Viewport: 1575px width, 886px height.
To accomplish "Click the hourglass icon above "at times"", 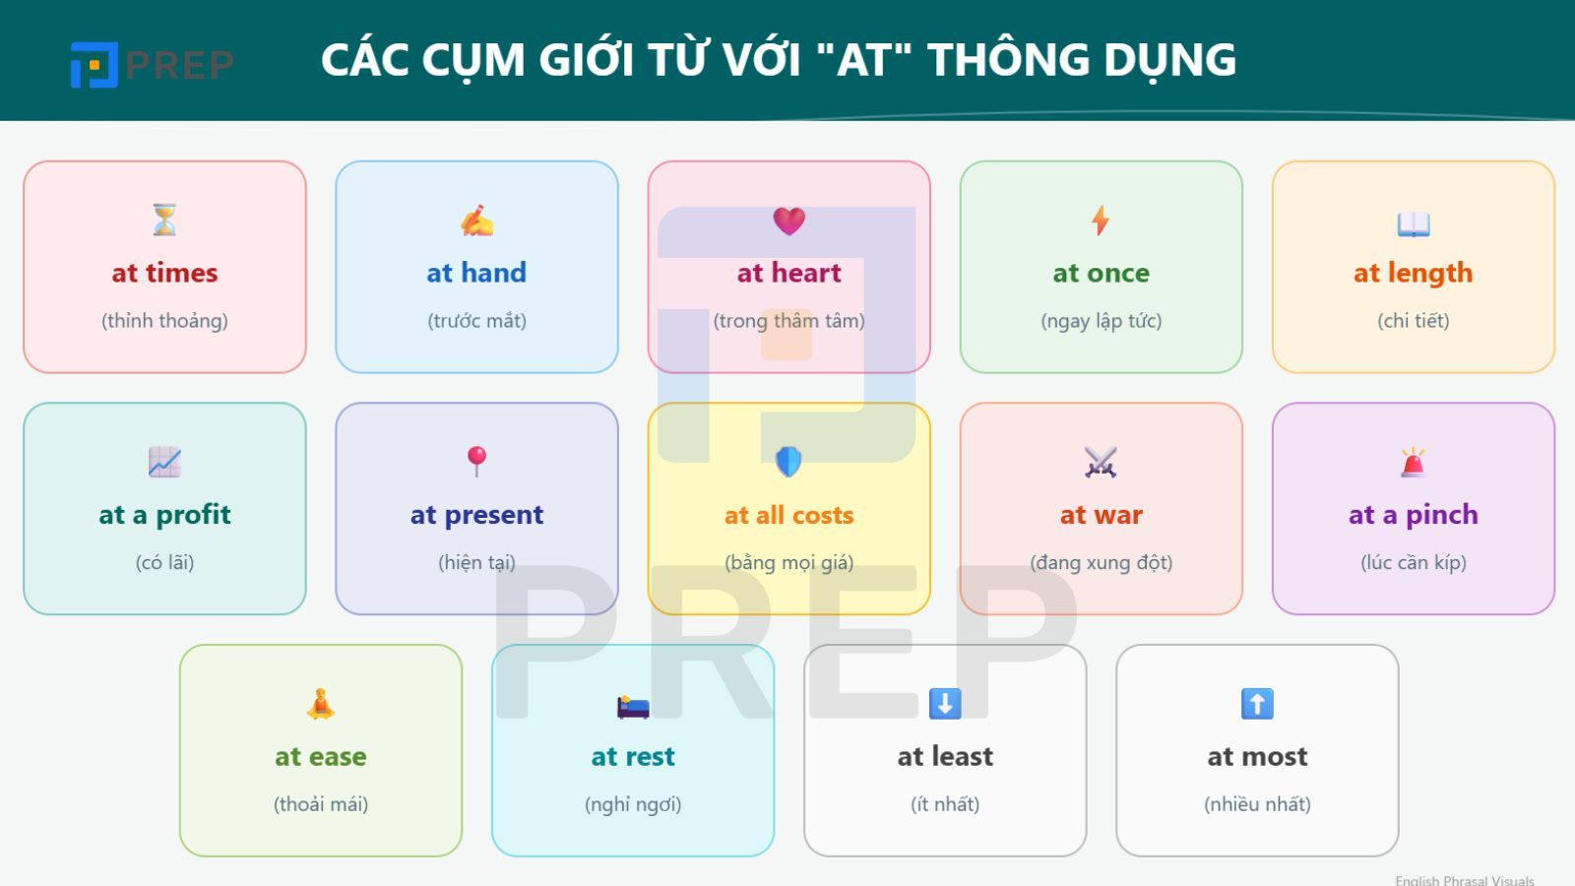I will pyautogui.click(x=164, y=220).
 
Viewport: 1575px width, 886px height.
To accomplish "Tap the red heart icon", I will pyautogui.click(x=788, y=221).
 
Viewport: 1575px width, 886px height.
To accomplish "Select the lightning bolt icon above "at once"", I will pyautogui.click(x=1101, y=221).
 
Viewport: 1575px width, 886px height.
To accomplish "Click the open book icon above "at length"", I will pyautogui.click(x=1414, y=224).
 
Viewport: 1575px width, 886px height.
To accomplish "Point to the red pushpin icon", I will pyautogui.click(x=476, y=461).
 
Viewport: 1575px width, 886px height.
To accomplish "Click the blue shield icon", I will pyautogui.click(x=788, y=461).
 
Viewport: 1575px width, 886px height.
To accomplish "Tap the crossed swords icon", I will pyautogui.click(x=1101, y=462).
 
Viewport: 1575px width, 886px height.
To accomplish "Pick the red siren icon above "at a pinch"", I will pyautogui.click(x=1414, y=462).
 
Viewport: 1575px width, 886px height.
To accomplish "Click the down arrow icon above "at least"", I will pyautogui.click(x=945, y=704).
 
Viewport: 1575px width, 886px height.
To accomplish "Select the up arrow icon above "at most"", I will pyautogui.click(x=1257, y=704).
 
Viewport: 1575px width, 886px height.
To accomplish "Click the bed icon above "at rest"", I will pyautogui.click(x=633, y=706).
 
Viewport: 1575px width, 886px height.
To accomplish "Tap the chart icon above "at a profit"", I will pyautogui.click(x=164, y=462).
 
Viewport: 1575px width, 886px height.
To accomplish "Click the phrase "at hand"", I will pyautogui.click(x=476, y=273).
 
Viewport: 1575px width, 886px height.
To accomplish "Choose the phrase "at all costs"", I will pyautogui.click(x=788, y=515).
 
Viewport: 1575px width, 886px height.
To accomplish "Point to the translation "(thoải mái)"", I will pyautogui.click(x=321, y=804).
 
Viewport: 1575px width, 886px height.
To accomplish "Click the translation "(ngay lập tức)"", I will pyautogui.click(x=1101, y=321).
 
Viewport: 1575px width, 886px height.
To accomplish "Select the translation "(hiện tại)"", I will pyautogui.click(x=476, y=563).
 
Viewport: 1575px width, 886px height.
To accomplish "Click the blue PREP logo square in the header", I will pyautogui.click(x=94, y=65).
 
